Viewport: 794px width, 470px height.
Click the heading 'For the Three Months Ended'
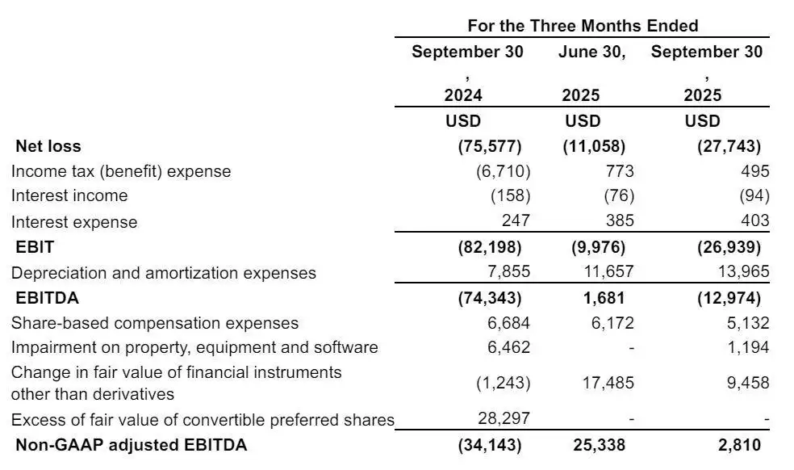point(583,25)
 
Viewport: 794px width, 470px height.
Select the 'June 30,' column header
point(592,52)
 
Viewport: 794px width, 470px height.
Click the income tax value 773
point(621,171)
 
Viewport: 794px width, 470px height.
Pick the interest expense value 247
point(516,221)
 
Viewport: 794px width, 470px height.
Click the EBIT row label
point(35,247)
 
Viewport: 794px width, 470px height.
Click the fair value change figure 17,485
point(607,383)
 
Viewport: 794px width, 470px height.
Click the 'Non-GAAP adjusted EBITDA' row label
point(132,445)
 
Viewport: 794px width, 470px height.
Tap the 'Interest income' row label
point(69,195)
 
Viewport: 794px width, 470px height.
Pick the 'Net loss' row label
point(48,146)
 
